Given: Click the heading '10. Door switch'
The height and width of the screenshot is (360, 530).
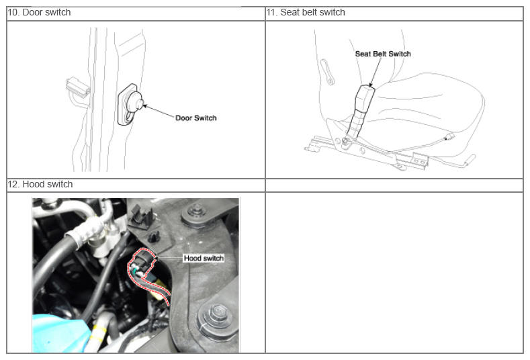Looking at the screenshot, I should click(x=39, y=13).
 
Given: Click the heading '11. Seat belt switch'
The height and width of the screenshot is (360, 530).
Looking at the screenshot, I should click(x=306, y=13).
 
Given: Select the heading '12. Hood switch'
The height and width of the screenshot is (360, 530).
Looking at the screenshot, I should click(x=40, y=184).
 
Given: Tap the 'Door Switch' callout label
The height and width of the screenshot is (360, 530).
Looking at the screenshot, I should click(x=195, y=118).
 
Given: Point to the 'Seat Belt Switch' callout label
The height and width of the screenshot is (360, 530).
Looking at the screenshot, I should click(x=383, y=54).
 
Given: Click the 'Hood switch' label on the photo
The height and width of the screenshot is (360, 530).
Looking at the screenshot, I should click(x=204, y=258).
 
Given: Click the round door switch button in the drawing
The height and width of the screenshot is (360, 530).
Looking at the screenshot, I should click(x=134, y=103).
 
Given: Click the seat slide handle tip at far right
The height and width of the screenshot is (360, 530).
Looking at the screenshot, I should click(x=472, y=159).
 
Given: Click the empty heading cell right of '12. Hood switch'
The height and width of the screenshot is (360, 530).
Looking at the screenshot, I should click(x=394, y=185).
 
